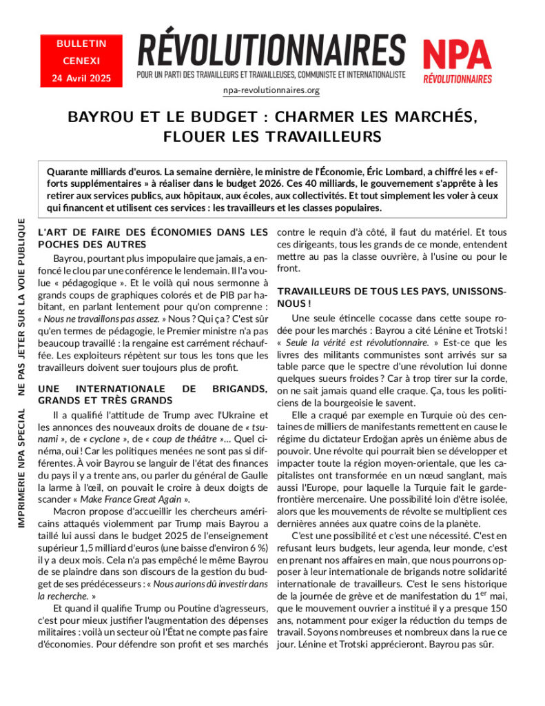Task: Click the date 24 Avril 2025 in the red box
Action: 81,78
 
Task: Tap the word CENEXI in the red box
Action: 81,61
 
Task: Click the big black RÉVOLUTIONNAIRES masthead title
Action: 271,50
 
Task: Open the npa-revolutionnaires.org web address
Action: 271,90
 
